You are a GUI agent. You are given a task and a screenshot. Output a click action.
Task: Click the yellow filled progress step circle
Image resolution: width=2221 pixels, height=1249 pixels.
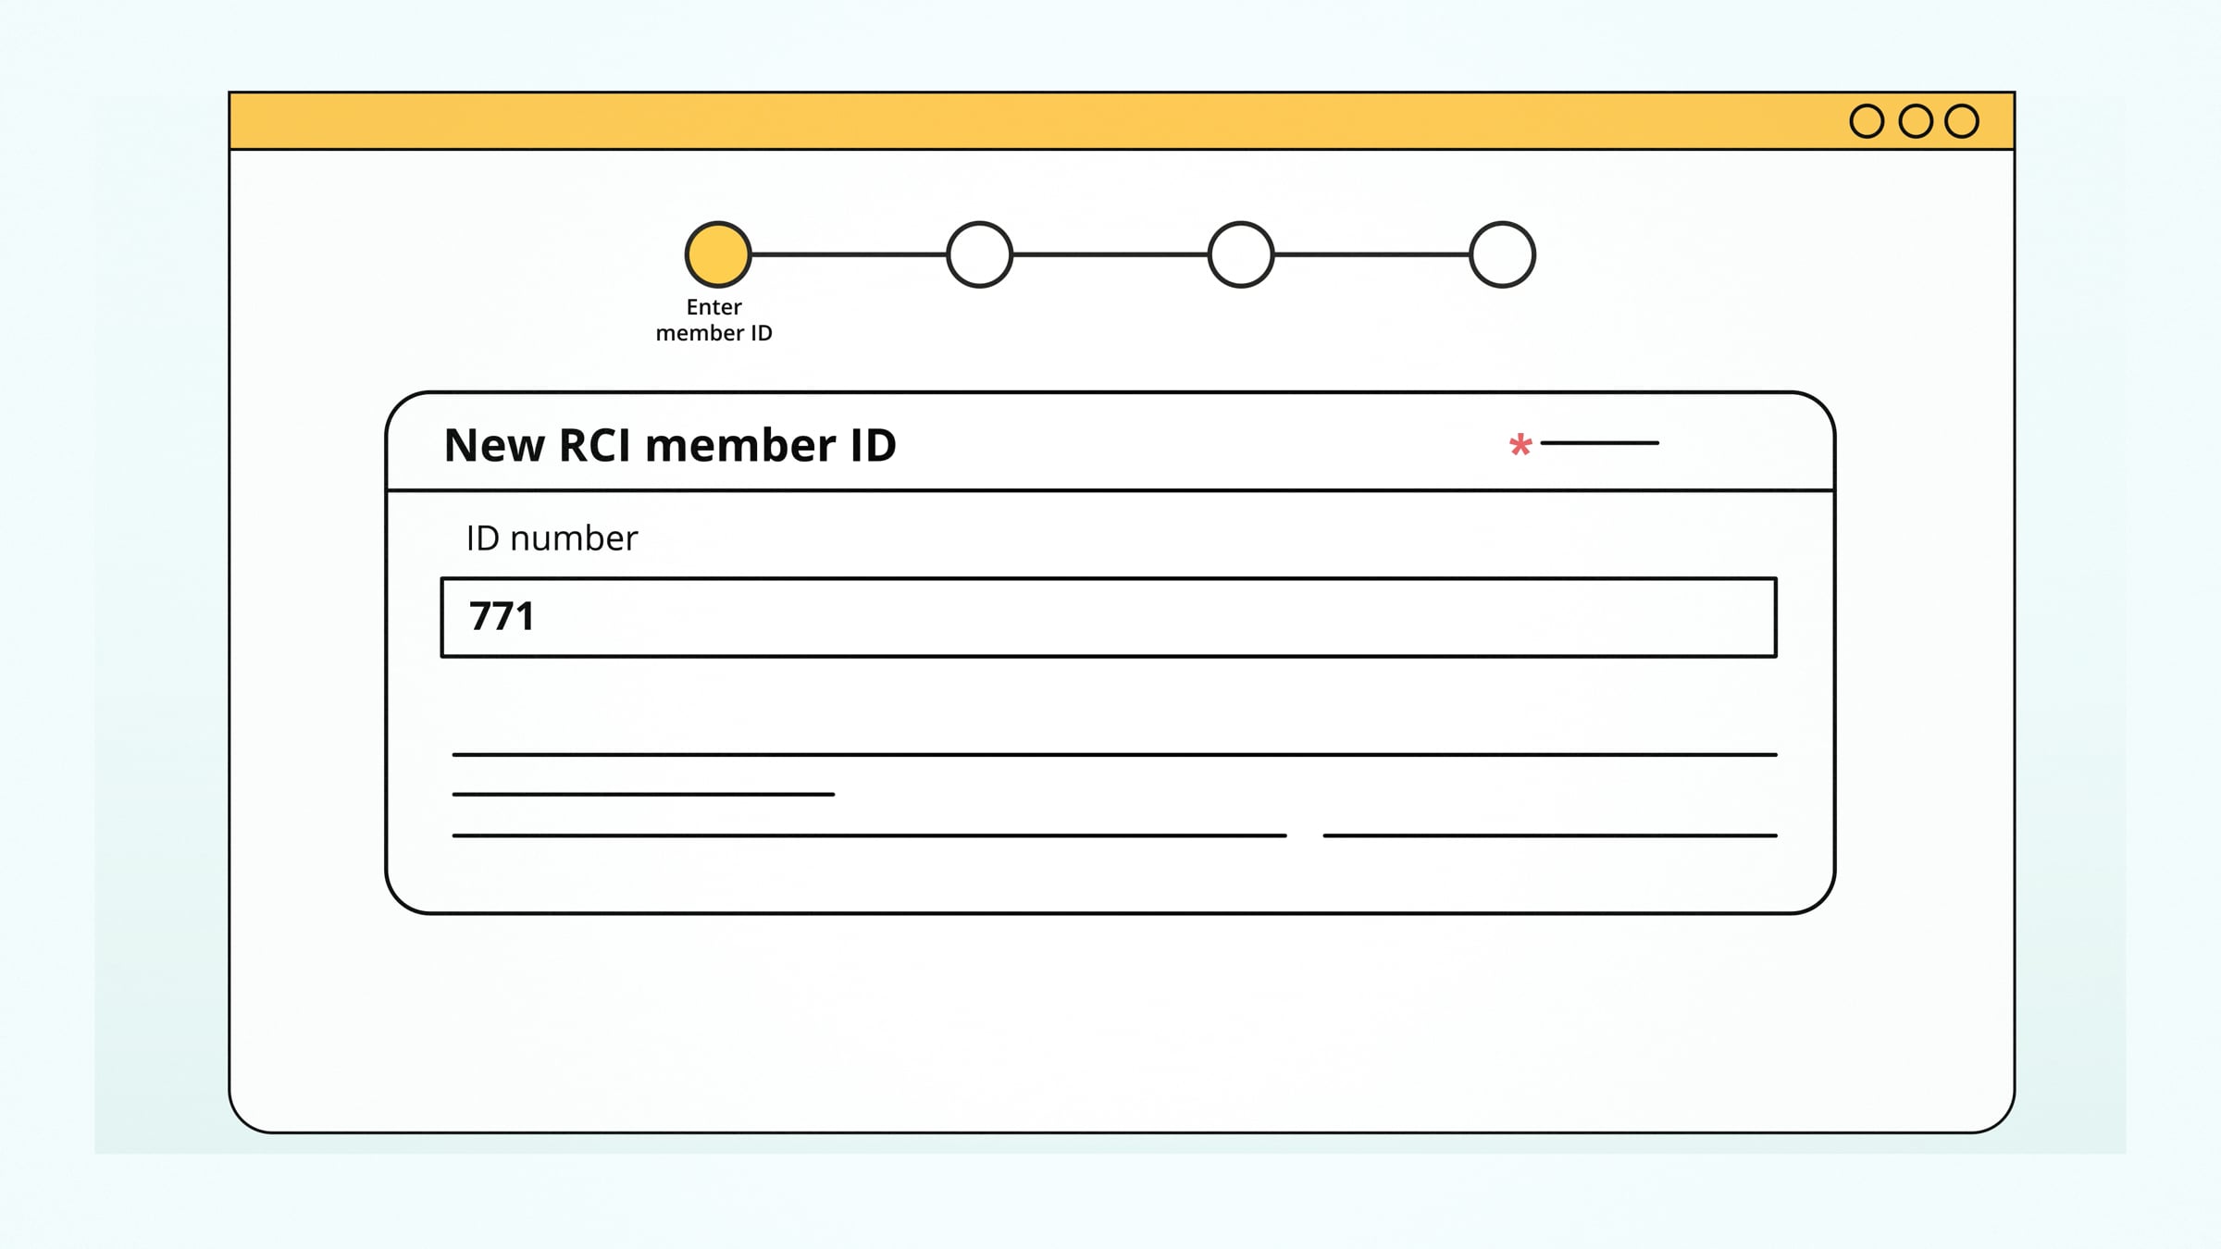[x=718, y=254]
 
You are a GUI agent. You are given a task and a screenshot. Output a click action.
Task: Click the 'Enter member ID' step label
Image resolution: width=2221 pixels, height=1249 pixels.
[x=713, y=320]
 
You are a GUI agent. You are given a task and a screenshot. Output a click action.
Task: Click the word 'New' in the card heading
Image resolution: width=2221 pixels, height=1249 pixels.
[x=494, y=446]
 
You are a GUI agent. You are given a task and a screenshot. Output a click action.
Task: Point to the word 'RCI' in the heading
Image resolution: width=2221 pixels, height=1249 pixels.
[x=595, y=446]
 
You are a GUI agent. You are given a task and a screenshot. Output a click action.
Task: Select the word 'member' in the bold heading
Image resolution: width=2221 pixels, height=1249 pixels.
[x=740, y=446]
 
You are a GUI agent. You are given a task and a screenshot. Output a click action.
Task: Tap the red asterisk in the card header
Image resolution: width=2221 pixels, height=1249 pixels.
[x=1520, y=446]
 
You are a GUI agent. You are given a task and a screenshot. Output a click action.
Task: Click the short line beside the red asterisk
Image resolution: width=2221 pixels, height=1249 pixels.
[x=1600, y=443]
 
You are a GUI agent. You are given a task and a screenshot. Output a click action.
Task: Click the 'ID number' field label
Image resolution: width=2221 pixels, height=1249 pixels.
[x=552, y=538]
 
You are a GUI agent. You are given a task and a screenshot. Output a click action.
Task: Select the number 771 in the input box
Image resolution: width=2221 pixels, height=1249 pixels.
[x=503, y=616]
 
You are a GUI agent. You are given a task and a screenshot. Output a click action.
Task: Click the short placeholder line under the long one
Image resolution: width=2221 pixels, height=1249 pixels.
[x=643, y=794]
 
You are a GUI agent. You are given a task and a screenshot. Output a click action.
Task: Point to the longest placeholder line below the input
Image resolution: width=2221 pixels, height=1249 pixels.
[x=1115, y=755]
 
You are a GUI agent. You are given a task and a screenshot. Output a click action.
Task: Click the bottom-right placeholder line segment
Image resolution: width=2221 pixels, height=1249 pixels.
[x=1550, y=835]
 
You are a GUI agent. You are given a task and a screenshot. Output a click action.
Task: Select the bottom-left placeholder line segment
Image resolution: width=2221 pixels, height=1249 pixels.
[x=869, y=835]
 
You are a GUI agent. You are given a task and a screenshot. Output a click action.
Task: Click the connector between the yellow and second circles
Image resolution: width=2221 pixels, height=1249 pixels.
[x=849, y=254]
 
